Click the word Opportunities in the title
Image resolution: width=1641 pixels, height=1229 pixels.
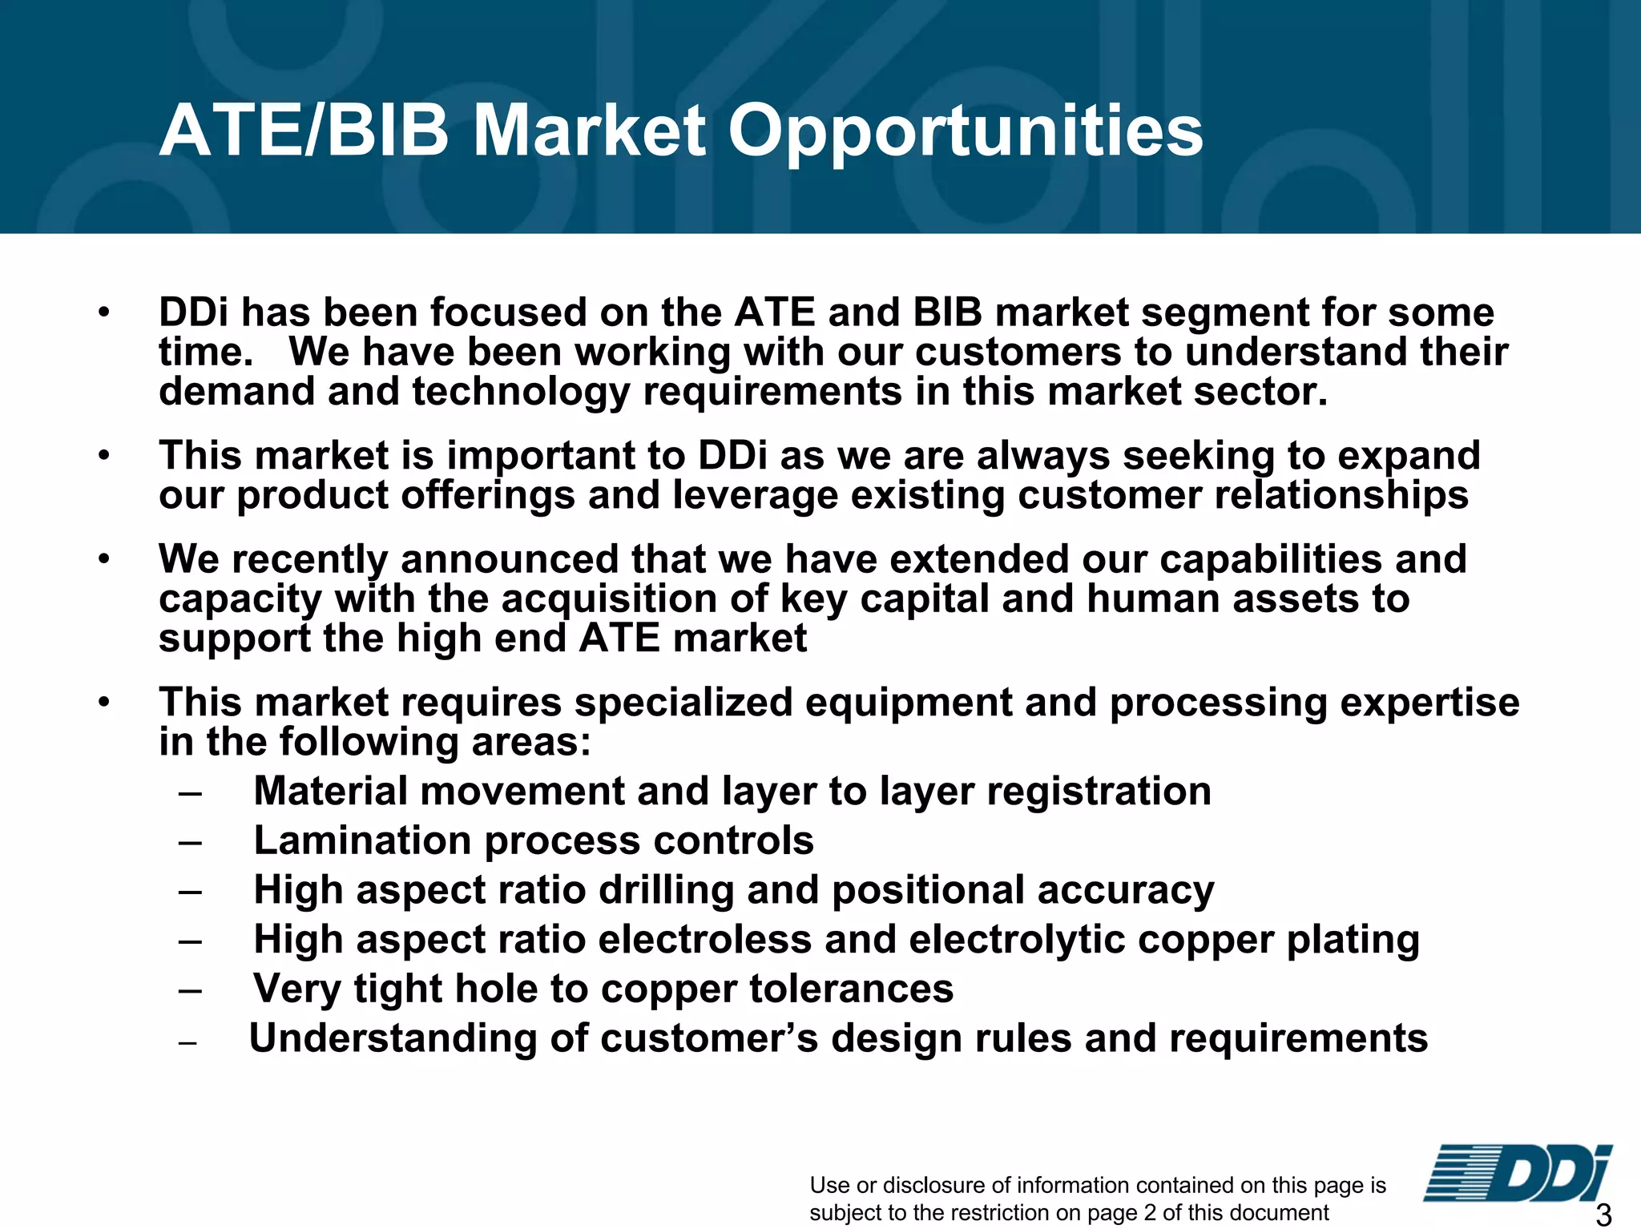pyautogui.click(x=965, y=132)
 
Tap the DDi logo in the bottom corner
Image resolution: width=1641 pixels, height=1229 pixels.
pyautogui.click(x=1518, y=1174)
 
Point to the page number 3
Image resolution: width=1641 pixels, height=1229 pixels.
pyautogui.click(x=1603, y=1214)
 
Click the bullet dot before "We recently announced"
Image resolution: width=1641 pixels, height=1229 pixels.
pyautogui.click(x=103, y=559)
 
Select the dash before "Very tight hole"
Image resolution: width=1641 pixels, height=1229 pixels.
pyautogui.click(x=190, y=990)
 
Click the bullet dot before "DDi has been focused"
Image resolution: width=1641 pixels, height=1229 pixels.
pyautogui.click(x=103, y=312)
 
